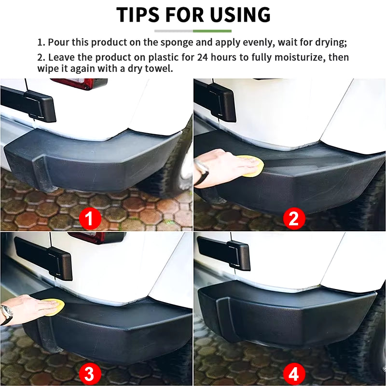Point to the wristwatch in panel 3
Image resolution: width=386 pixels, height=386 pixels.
click(6, 315)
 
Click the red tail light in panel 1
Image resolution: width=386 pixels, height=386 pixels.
click(80, 83)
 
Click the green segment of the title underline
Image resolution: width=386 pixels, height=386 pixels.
click(212, 31)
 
